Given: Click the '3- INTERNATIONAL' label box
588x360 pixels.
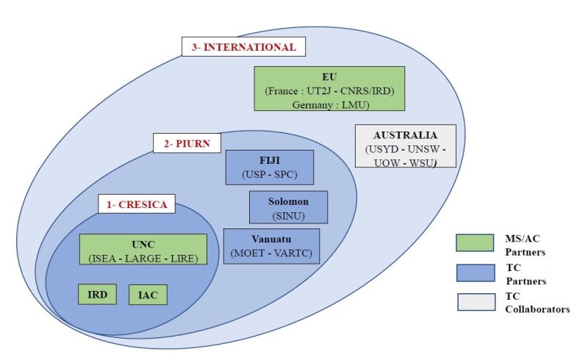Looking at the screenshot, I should click(243, 47).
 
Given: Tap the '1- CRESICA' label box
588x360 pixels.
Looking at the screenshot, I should click(136, 204).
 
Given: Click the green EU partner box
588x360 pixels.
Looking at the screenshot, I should click(329, 90).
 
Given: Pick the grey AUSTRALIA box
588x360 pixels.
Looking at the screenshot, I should click(405, 145).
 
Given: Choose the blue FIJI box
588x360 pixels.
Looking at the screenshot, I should click(269, 168).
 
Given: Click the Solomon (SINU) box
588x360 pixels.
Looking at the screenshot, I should click(288, 206).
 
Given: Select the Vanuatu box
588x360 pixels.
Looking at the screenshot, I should click(271, 246).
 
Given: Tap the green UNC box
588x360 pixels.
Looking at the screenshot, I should click(143, 249).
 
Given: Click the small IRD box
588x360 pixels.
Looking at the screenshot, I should click(98, 294).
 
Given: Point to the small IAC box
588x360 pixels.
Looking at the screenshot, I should click(148, 295).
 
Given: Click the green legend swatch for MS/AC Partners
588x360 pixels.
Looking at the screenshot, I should click(475, 242).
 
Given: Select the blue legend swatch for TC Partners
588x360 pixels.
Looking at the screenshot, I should click(475, 272).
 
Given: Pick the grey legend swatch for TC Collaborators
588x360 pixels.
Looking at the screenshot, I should click(475, 302).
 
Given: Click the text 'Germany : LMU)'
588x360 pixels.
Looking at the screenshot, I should click(329, 105).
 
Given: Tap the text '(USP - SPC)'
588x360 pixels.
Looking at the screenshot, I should click(269, 175).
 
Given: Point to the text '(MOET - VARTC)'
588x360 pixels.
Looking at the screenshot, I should click(271, 253).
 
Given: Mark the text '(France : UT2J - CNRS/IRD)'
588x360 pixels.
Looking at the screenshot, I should click(329, 90).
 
